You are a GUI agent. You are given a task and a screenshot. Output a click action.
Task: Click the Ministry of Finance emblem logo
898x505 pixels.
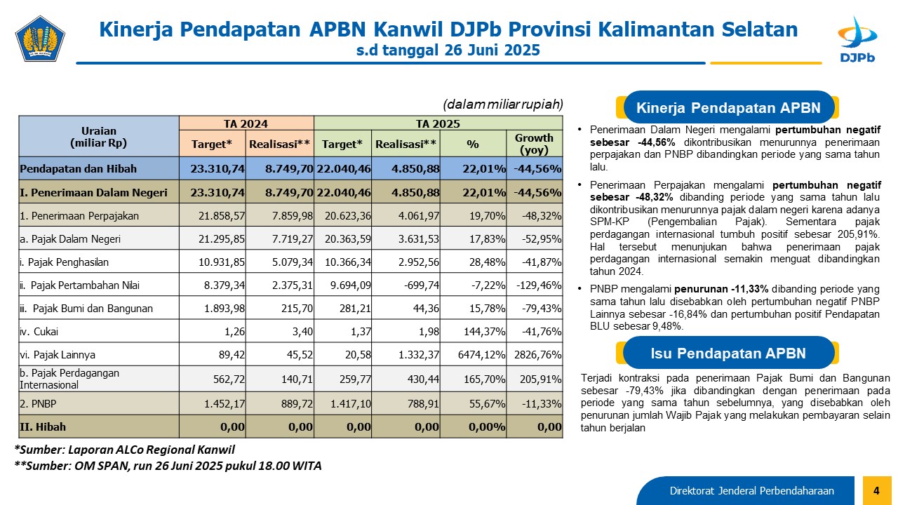[x=40, y=39]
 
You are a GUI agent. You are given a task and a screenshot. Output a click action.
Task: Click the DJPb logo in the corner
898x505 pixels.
[x=857, y=39]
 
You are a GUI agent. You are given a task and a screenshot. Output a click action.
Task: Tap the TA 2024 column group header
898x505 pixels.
[x=246, y=123]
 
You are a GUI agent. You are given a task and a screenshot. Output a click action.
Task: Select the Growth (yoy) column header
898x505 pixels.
[x=534, y=144]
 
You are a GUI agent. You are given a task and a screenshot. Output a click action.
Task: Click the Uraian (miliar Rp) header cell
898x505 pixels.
[x=99, y=137]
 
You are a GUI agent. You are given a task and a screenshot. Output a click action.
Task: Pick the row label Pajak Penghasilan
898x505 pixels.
[x=64, y=262]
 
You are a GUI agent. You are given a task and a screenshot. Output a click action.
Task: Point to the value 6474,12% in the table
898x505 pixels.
[x=481, y=355]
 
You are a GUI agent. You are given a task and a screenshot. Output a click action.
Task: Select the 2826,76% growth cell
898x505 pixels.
[x=537, y=355]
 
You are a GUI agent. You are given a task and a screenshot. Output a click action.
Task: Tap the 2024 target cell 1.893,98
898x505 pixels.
[x=224, y=309]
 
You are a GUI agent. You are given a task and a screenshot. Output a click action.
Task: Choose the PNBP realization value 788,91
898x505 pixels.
[x=423, y=403]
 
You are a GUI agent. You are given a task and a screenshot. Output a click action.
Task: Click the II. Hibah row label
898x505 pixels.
[x=43, y=427]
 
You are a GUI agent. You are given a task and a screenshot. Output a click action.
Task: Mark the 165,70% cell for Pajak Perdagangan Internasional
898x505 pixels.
[x=484, y=379]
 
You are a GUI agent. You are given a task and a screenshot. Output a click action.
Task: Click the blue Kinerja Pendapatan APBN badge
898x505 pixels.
[x=728, y=108]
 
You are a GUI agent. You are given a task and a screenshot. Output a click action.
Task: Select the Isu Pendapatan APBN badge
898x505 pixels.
[x=728, y=353]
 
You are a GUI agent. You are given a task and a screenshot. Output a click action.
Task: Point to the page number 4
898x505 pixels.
[x=876, y=490]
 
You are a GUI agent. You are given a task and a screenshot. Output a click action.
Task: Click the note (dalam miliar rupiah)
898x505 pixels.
[x=503, y=105]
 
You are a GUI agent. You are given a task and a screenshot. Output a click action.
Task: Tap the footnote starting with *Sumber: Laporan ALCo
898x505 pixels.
[x=125, y=450]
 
